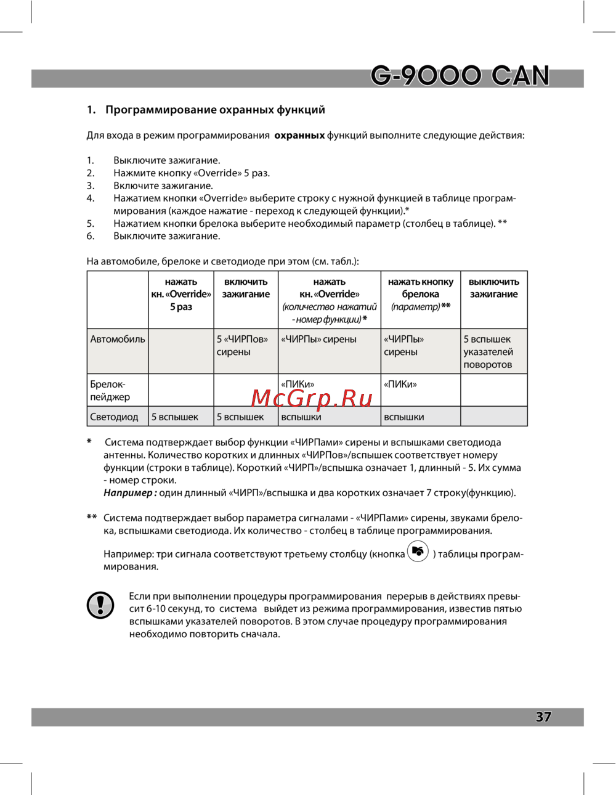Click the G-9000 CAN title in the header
460,76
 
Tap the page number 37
543,717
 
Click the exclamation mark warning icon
100,605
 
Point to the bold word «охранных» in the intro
299,135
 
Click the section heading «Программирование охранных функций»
215,110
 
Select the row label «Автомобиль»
118,339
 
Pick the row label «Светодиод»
114,417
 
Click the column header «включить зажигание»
246,288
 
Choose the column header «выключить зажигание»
494,288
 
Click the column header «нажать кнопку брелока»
421,288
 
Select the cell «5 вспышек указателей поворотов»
488,352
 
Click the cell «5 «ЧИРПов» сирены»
242,346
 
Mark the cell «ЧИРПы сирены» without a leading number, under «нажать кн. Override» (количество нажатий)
318,339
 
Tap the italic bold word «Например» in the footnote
129,492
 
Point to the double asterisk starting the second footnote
92,518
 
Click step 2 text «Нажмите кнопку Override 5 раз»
192,173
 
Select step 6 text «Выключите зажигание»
166,236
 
